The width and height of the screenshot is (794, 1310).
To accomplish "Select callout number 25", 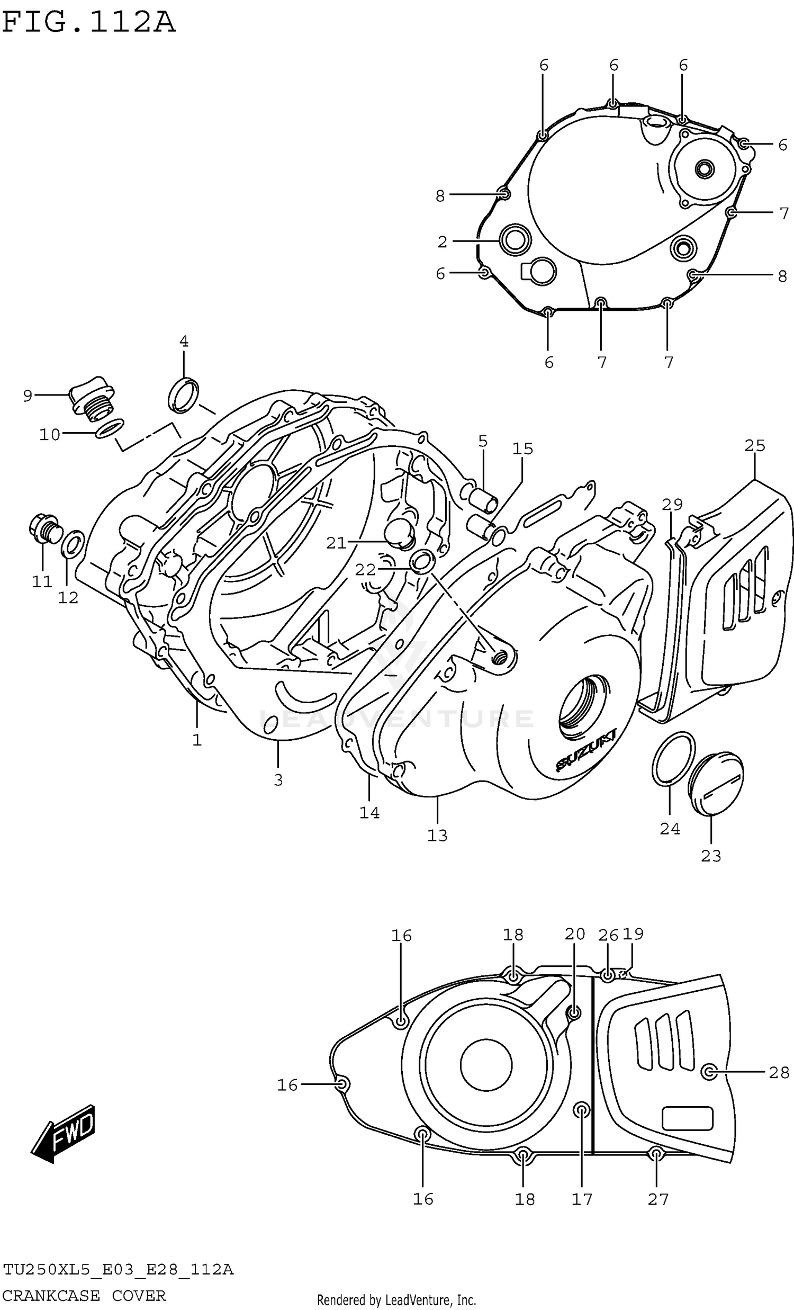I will tap(754, 445).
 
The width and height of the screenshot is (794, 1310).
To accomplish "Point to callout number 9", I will tap(28, 396).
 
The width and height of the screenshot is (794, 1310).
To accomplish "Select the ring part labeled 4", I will tap(183, 395).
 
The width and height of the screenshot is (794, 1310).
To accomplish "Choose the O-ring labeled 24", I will tap(672, 758).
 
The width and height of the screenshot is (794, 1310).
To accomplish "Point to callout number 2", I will tap(442, 242).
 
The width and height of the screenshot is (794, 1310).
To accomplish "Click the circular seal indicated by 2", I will tap(515, 240).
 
